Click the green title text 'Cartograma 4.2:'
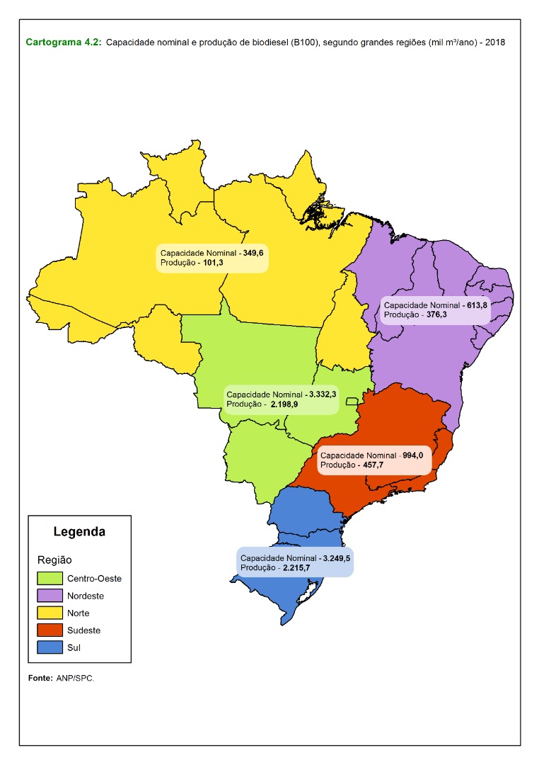64,42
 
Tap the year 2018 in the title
495,42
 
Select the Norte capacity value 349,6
253,253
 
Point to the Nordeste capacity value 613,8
477,305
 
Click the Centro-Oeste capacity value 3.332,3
322,394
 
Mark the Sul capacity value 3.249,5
336,558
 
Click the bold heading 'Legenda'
79,531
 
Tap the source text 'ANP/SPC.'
75,678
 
